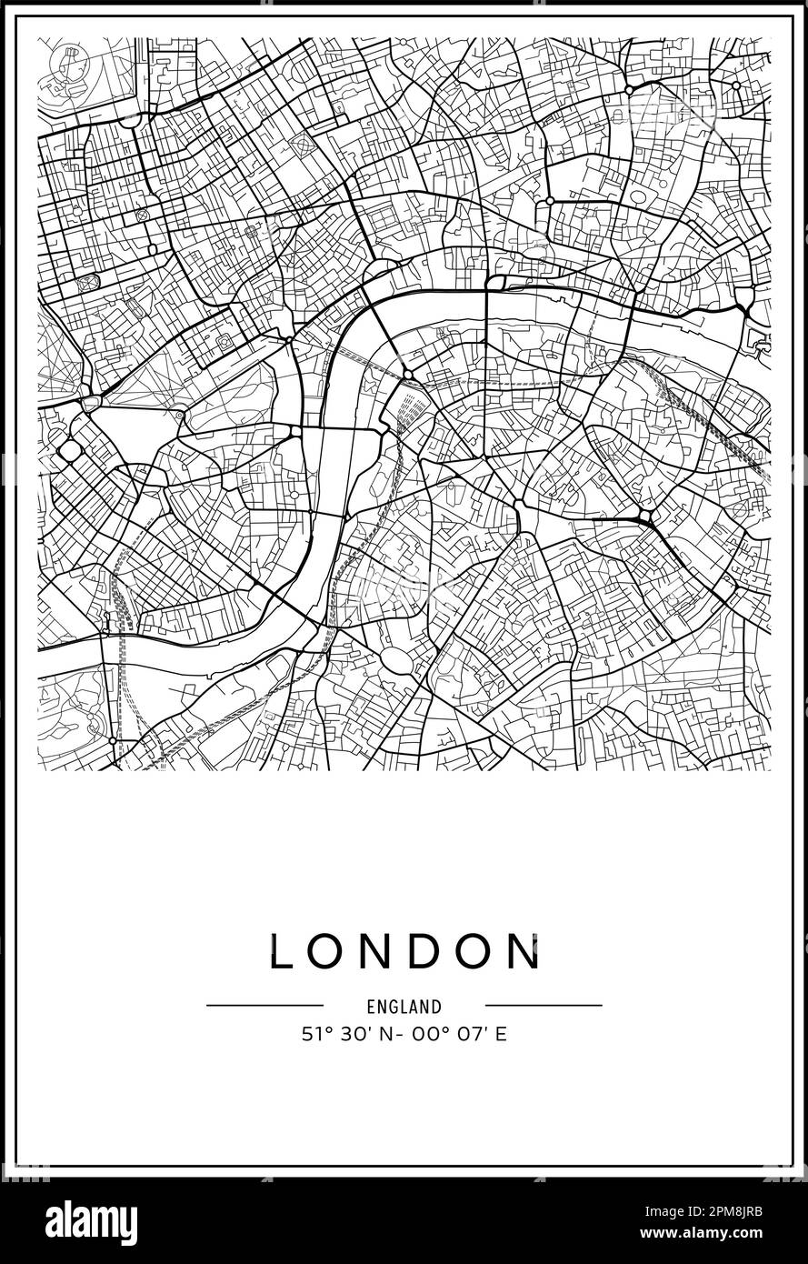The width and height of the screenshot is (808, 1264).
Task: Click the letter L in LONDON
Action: pyautogui.click(x=280, y=952)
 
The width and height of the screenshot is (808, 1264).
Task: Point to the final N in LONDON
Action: pyautogui.click(x=526, y=952)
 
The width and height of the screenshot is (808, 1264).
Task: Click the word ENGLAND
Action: pyautogui.click(x=404, y=1007)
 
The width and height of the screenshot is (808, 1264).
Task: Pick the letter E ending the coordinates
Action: pyautogui.click(x=501, y=1035)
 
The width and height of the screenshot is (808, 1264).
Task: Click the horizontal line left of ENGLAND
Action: pyautogui.click(x=264, y=1005)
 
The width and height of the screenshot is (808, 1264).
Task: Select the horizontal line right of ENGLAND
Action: pyautogui.click(x=544, y=1005)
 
